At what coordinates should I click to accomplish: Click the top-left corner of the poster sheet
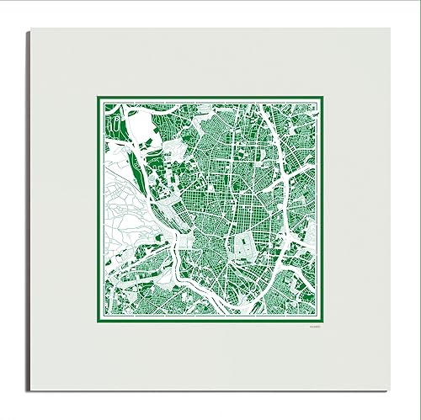31,29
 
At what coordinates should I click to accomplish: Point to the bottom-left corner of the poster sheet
31,391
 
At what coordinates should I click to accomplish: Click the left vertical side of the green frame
96,210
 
